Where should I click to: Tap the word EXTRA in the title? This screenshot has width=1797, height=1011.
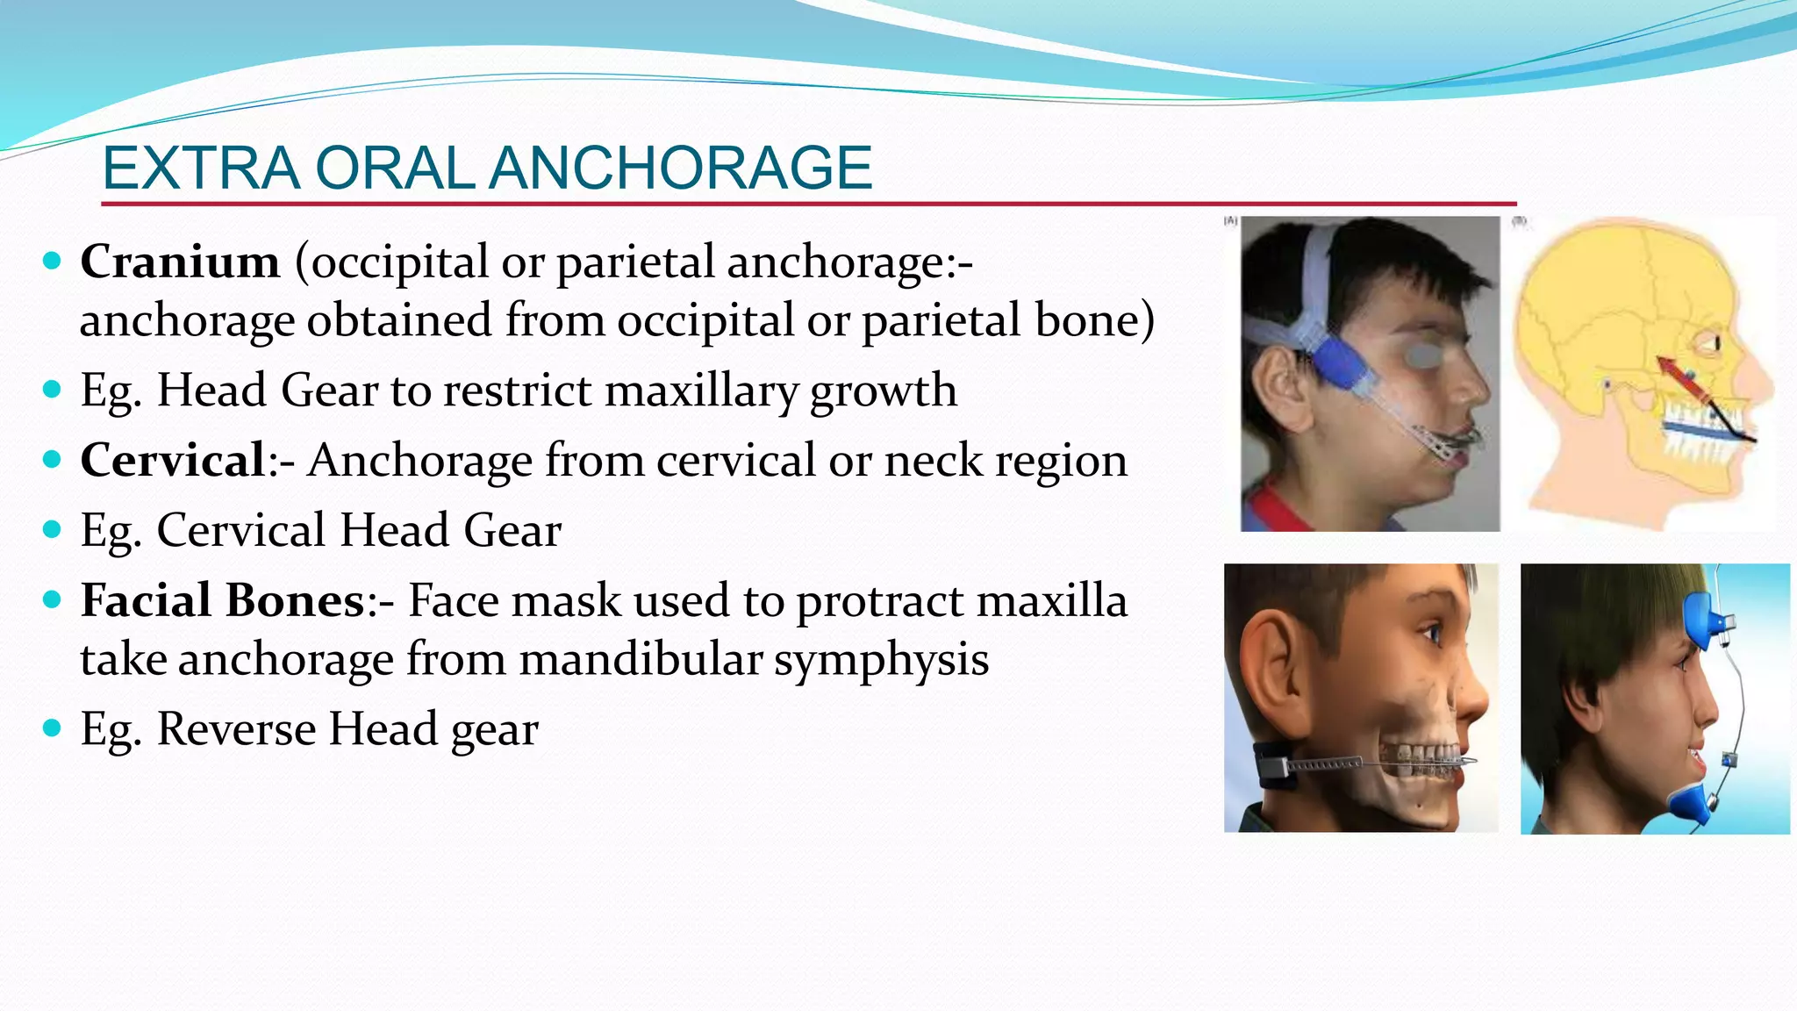click(201, 168)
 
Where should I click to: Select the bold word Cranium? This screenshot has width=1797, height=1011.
click(180, 262)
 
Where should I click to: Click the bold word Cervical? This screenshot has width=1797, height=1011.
click(173, 460)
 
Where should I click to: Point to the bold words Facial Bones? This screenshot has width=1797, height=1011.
click(222, 601)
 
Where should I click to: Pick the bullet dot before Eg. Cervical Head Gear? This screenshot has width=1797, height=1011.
click(53, 529)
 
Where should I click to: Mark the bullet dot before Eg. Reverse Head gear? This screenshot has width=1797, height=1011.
click(53, 728)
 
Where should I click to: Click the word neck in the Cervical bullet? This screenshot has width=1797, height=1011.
click(934, 462)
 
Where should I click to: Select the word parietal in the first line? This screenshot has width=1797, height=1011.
click(635, 262)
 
